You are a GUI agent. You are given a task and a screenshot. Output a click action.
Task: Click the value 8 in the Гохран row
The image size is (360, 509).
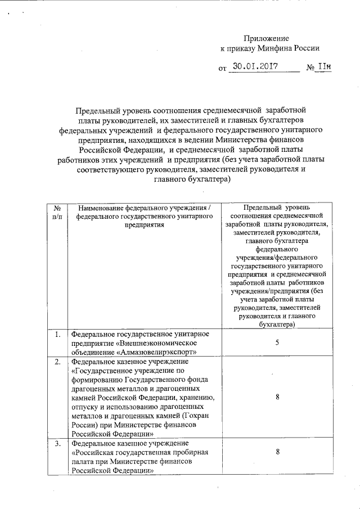tap(277, 397)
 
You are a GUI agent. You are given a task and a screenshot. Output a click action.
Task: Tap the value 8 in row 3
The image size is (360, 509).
tap(277, 452)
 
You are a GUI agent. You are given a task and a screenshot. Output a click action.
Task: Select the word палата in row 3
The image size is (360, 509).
tap(83, 462)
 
